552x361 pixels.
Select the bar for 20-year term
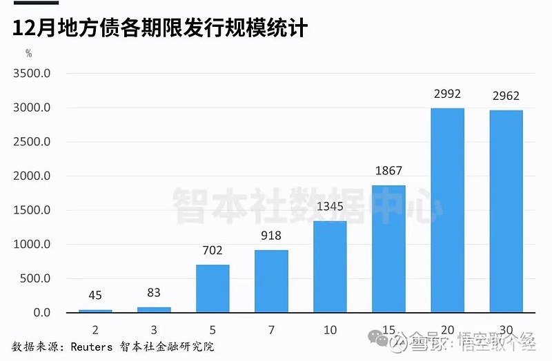pos(447,210)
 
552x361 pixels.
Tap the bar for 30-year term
pos(506,212)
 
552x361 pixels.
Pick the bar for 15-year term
pos(388,249)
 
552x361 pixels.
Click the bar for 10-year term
pos(330,267)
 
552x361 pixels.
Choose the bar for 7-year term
pos(271,281)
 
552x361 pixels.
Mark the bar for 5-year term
pos(213,289)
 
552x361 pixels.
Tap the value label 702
pos(213,251)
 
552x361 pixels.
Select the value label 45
pos(95,296)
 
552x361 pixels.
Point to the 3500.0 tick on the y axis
pos(33,74)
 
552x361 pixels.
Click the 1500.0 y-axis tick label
pos(33,210)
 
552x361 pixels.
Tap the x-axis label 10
pos(330,330)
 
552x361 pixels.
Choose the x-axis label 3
pos(154,330)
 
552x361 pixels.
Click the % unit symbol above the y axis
pos(28,52)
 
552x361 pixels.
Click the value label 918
pos(271,236)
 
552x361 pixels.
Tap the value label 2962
pos(506,96)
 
